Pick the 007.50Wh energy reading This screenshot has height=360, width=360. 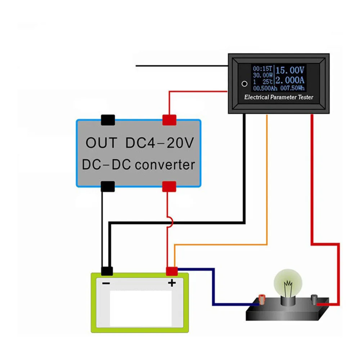(x=294, y=88)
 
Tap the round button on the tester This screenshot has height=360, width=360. (x=244, y=84)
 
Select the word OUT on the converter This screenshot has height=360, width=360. (x=101, y=143)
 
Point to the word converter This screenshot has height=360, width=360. (x=165, y=165)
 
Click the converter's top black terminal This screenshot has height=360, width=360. (x=108, y=120)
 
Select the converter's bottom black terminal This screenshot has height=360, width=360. (x=108, y=186)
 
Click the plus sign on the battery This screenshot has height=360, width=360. (x=172, y=283)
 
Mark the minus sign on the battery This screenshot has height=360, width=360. (x=106, y=283)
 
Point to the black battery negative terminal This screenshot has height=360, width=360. (x=107, y=271)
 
